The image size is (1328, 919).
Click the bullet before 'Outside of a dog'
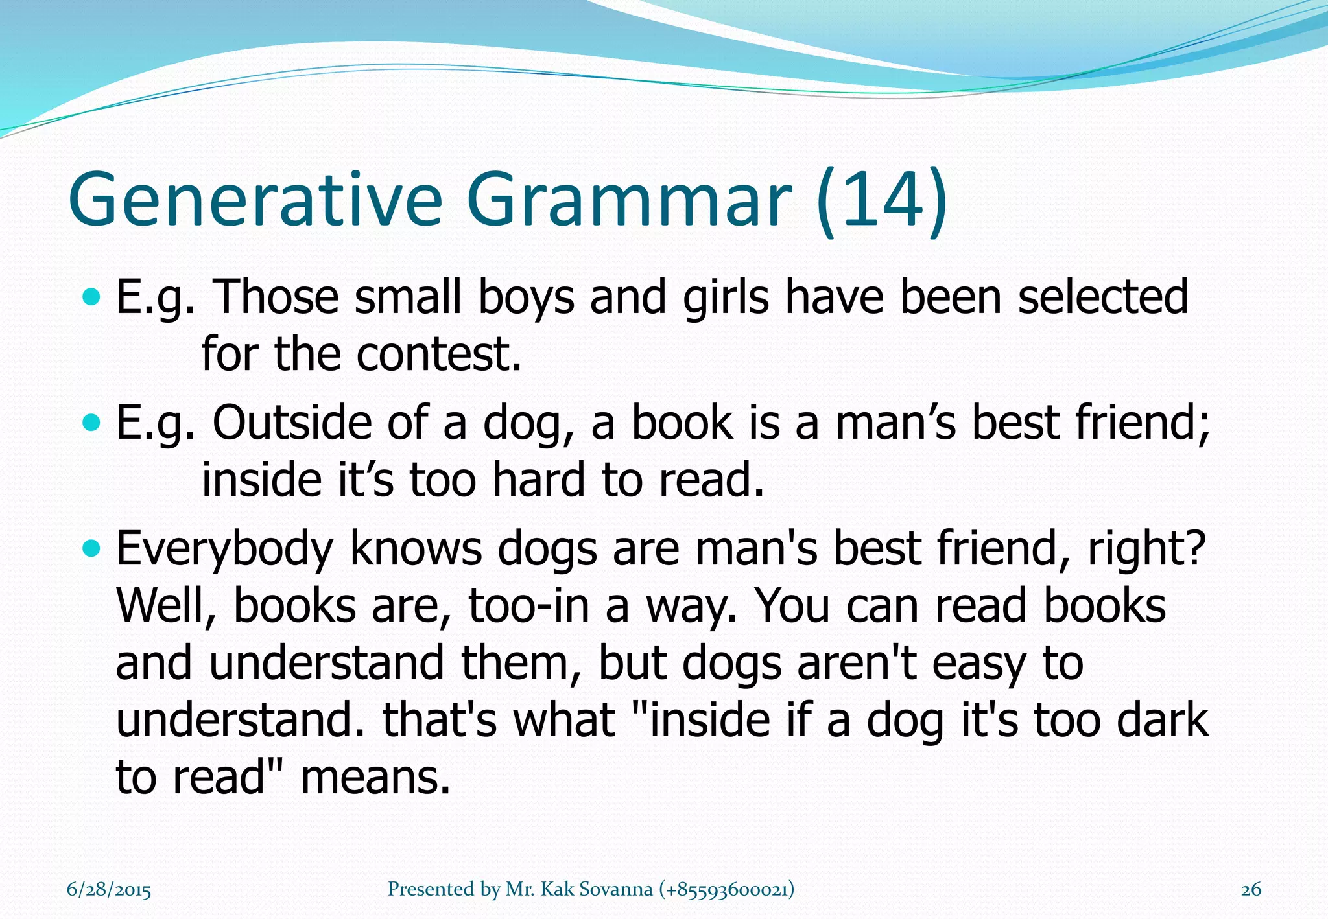coord(93,423)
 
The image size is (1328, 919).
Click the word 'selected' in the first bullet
coord(1103,297)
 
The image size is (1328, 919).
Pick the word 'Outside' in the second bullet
coord(292,423)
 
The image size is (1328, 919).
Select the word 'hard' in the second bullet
coord(539,480)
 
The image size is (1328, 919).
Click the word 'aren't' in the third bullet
coord(857,663)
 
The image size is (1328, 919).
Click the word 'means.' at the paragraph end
coord(375,777)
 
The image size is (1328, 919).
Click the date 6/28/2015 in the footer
coord(109,890)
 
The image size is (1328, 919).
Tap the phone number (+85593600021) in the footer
coord(726,889)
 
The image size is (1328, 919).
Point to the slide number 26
coord(1251,890)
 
